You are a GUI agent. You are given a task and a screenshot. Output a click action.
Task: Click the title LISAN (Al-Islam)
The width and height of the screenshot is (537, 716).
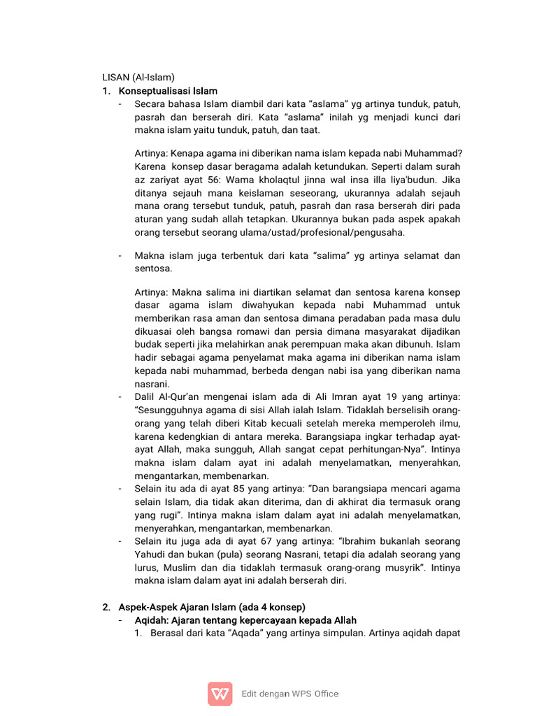click(x=138, y=78)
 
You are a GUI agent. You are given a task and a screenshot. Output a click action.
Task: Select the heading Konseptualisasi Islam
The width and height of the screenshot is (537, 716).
click(x=168, y=91)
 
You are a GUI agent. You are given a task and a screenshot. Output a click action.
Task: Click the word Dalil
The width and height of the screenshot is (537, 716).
click(x=147, y=397)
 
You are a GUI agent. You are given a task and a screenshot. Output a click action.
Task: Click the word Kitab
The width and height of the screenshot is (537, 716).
click(x=261, y=424)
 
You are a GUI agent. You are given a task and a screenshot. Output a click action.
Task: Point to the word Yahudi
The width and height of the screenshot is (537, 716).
click(x=150, y=555)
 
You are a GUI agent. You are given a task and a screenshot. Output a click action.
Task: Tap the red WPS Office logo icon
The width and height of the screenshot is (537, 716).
click(x=220, y=694)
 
